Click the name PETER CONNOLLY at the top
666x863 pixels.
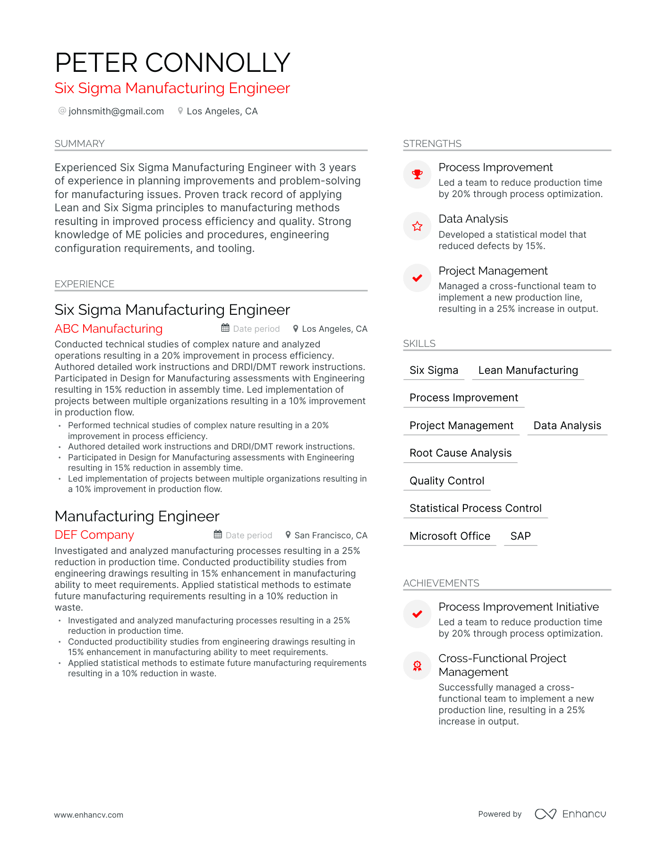pos(172,62)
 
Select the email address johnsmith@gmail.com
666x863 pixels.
pos(116,111)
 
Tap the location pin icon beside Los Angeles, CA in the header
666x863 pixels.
pos(180,111)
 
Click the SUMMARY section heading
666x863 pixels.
pos(79,144)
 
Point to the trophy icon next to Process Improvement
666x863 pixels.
pos(417,174)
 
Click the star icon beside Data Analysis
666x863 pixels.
pos(417,226)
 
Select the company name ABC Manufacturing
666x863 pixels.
pos(109,328)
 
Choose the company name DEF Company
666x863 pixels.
pos(94,535)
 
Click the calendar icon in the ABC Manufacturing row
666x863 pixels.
pos(225,328)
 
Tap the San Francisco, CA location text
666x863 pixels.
pos(331,535)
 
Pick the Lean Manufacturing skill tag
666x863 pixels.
pos(528,370)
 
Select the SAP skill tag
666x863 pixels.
pos(521,536)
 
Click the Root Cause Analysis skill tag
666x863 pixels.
pos(461,453)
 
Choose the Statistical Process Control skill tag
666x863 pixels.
pos(475,508)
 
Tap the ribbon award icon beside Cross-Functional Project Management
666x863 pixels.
pos(417,666)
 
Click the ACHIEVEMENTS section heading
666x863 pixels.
pos(441,583)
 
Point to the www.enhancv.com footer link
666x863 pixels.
pos(89,815)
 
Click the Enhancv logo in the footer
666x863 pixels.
pos(570,814)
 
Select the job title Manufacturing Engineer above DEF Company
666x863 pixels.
pos(137,516)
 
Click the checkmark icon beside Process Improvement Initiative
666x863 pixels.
pos(417,614)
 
